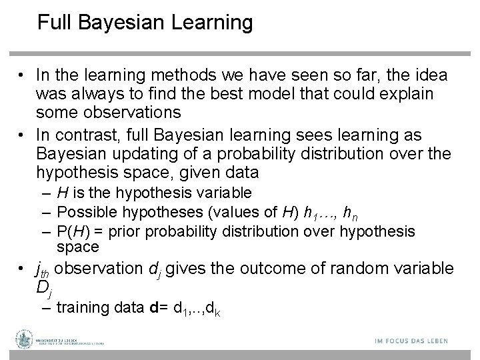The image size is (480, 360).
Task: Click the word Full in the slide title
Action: (51, 23)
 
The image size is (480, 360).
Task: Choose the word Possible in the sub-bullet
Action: (82, 213)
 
